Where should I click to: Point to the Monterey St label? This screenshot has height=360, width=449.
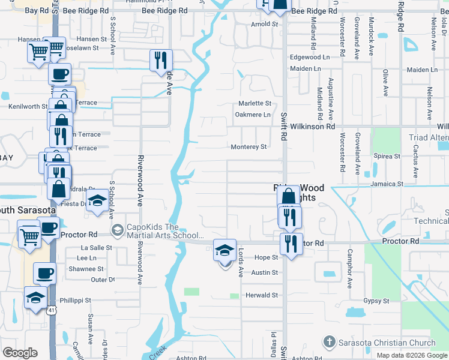[x=249, y=147]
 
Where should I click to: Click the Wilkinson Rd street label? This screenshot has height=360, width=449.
[x=313, y=127]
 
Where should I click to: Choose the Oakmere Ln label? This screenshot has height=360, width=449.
[x=253, y=115]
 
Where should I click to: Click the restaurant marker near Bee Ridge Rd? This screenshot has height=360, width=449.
[x=161, y=60]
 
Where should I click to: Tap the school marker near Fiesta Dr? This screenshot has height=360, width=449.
[x=97, y=202]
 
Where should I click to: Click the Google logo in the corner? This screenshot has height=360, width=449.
[x=20, y=353]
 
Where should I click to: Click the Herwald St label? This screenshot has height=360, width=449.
[x=262, y=295]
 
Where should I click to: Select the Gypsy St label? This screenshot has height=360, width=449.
[x=376, y=301]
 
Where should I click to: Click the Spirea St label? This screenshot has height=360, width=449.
[x=387, y=157]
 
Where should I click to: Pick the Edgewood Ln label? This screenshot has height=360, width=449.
[x=310, y=57]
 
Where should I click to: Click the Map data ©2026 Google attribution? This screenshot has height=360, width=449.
[x=412, y=355]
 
